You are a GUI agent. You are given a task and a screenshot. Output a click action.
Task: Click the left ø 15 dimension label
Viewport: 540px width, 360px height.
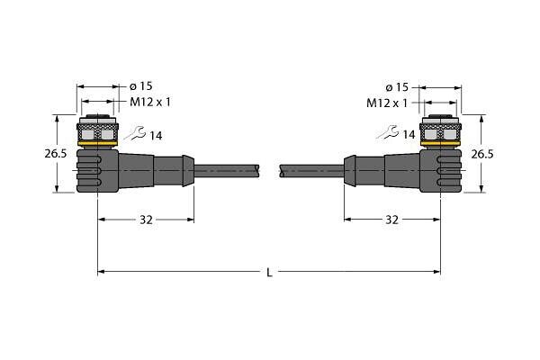point(140,86)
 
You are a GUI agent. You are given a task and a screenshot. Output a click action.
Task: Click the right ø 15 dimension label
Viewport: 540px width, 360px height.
point(397,87)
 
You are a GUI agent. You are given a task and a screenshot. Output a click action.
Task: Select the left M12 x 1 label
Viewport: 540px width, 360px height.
point(150,102)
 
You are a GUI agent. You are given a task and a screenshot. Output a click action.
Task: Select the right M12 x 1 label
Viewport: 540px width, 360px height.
point(387,103)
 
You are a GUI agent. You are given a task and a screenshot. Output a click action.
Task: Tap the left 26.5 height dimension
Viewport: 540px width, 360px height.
point(56,153)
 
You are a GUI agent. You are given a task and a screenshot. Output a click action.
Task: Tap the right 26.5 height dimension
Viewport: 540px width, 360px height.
point(482,154)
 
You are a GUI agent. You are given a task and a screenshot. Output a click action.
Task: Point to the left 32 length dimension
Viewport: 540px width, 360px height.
point(146,220)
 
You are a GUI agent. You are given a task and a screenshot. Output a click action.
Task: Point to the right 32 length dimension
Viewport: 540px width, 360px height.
point(391,220)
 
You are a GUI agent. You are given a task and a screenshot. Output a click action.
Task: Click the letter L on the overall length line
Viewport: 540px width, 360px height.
point(270,273)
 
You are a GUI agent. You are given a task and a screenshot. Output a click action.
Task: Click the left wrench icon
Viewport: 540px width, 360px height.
point(136,133)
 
